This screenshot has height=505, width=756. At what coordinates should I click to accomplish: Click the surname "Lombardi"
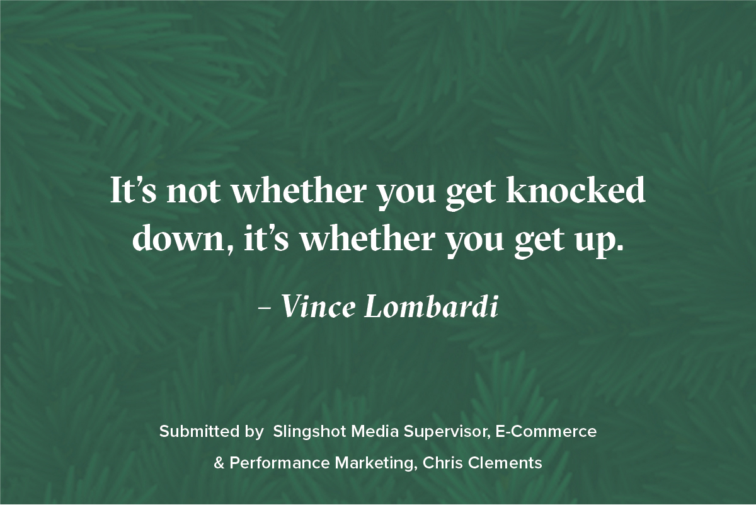pyautogui.click(x=431, y=306)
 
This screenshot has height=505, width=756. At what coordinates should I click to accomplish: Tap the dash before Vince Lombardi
pyautogui.click(x=264, y=308)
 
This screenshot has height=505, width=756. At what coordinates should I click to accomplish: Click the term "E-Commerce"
pyautogui.click(x=546, y=431)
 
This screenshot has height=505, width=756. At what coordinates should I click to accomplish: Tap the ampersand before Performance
pyautogui.click(x=219, y=463)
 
